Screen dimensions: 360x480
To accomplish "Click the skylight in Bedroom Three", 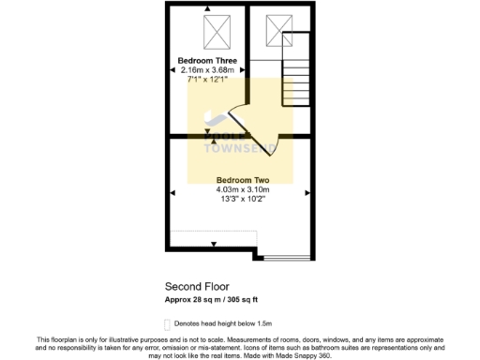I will coord(217,32).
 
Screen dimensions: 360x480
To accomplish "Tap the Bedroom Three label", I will coord(207,61).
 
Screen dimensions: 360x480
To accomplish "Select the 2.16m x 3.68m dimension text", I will coord(207,70).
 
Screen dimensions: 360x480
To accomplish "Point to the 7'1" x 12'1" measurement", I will coord(207,80).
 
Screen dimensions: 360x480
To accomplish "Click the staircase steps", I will coord(294,61).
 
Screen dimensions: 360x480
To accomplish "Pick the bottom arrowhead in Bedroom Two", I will coord(214,245).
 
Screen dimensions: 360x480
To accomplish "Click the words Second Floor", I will coord(198,286).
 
